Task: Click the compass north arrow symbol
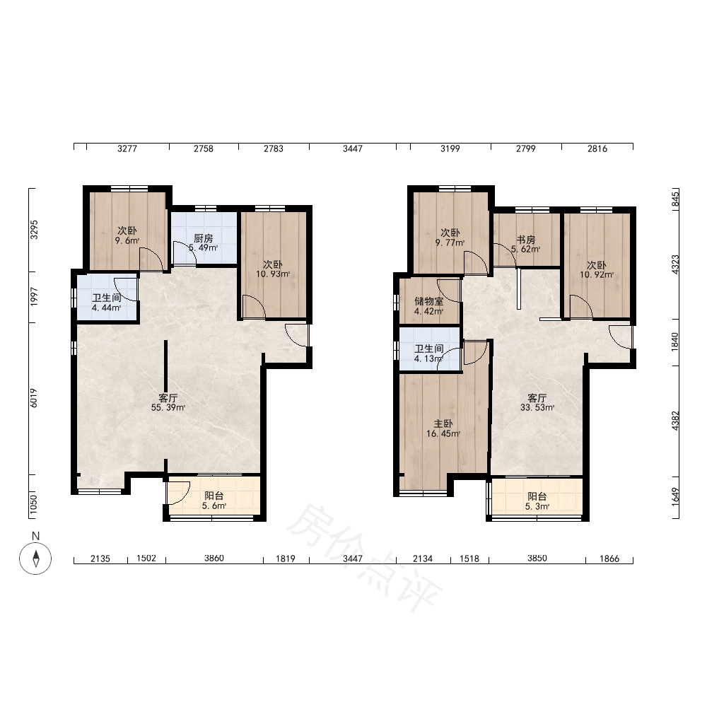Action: coord(35,559)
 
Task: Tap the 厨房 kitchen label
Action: coord(204,238)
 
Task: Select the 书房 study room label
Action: coord(526,240)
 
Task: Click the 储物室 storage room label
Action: coord(429,301)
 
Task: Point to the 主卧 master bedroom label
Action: coord(443,423)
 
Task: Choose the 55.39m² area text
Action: coord(168,408)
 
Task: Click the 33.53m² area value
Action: coord(537,408)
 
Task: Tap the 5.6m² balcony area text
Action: coord(214,506)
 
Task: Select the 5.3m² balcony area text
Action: coord(537,506)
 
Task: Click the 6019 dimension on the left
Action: coord(34,399)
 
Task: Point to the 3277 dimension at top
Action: coord(127,148)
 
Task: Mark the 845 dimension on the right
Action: coord(675,199)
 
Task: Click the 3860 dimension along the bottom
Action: coord(214,559)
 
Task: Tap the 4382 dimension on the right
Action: coord(675,421)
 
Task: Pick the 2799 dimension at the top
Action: coord(526,148)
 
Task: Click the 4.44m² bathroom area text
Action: coord(107,308)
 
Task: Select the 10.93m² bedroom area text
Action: coord(273,274)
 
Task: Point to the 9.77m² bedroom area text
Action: coord(450,243)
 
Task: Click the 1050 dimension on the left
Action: coord(34,504)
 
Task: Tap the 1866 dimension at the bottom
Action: coord(609,559)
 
